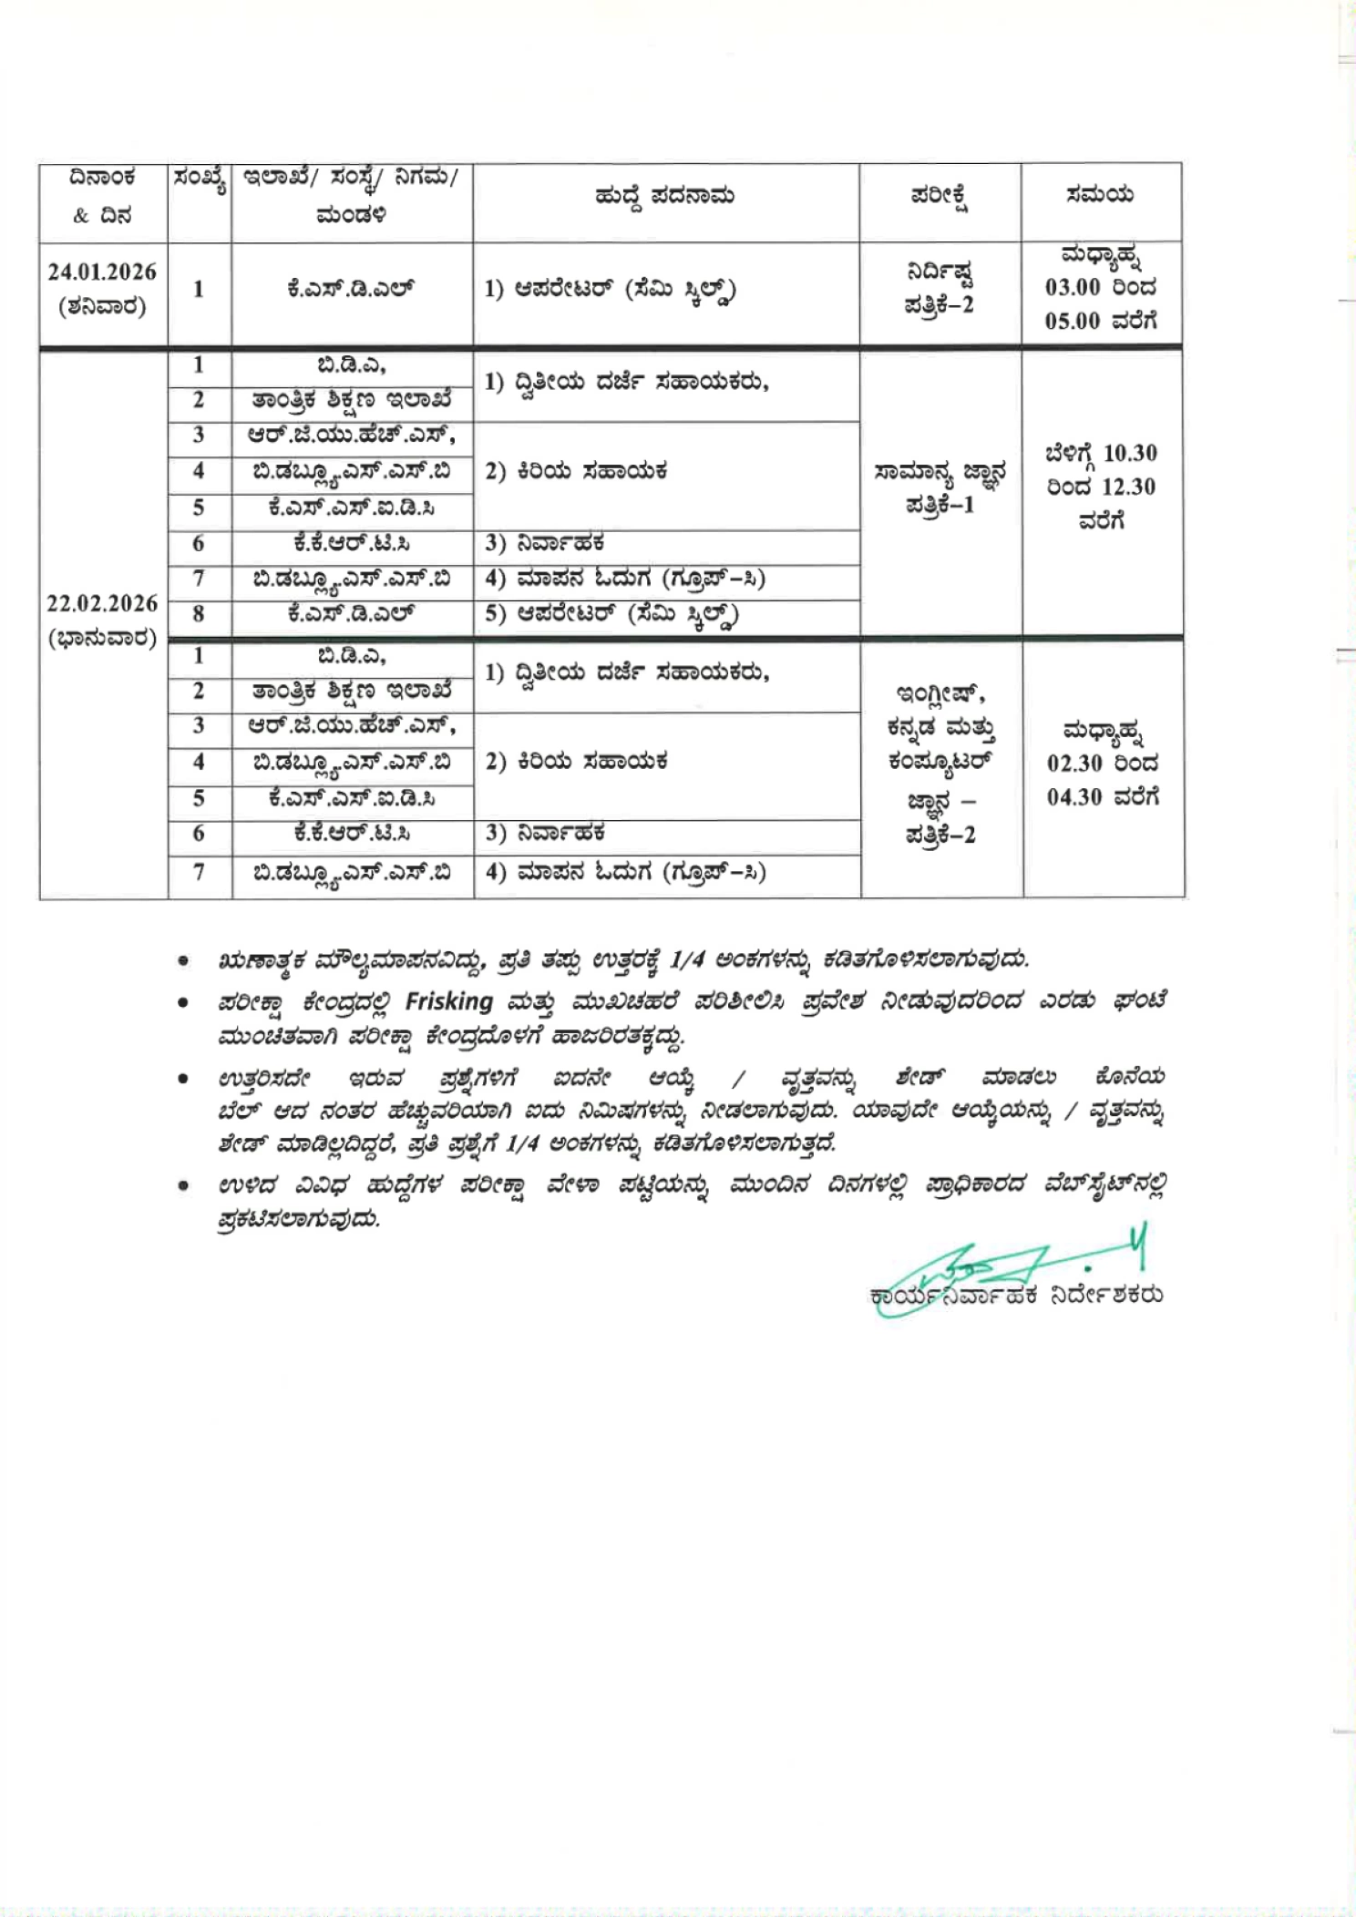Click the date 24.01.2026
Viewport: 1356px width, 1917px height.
pos(102,272)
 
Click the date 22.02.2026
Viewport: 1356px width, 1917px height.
pos(102,603)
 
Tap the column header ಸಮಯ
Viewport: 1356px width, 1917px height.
pos(1100,194)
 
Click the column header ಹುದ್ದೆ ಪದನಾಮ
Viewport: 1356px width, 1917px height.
pos(664,196)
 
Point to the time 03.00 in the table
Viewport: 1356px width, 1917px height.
pos(1073,288)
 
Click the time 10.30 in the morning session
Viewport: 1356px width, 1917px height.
pos(1130,453)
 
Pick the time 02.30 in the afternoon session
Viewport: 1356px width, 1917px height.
pos(1074,763)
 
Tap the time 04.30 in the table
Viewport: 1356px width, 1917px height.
pos(1074,797)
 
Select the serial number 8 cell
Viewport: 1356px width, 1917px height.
pos(199,614)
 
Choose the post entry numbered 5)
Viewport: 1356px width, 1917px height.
pos(611,615)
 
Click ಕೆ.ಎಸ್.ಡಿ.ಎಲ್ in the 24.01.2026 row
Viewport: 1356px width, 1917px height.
pos(351,290)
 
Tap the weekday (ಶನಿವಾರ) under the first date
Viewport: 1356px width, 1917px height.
pos(102,306)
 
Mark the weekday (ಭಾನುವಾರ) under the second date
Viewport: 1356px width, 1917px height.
pos(102,638)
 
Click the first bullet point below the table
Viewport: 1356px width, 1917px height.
pos(184,960)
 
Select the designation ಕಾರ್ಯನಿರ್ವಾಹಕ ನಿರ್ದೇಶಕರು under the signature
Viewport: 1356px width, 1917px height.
pos(1016,1295)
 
